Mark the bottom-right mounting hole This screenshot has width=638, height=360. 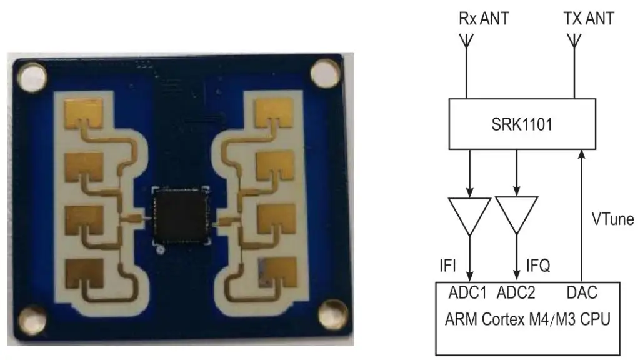click(330, 311)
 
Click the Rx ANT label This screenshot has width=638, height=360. click(484, 18)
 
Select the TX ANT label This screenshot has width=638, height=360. click(588, 18)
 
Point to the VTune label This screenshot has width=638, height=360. click(612, 219)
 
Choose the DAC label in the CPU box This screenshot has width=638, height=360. click(581, 292)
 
